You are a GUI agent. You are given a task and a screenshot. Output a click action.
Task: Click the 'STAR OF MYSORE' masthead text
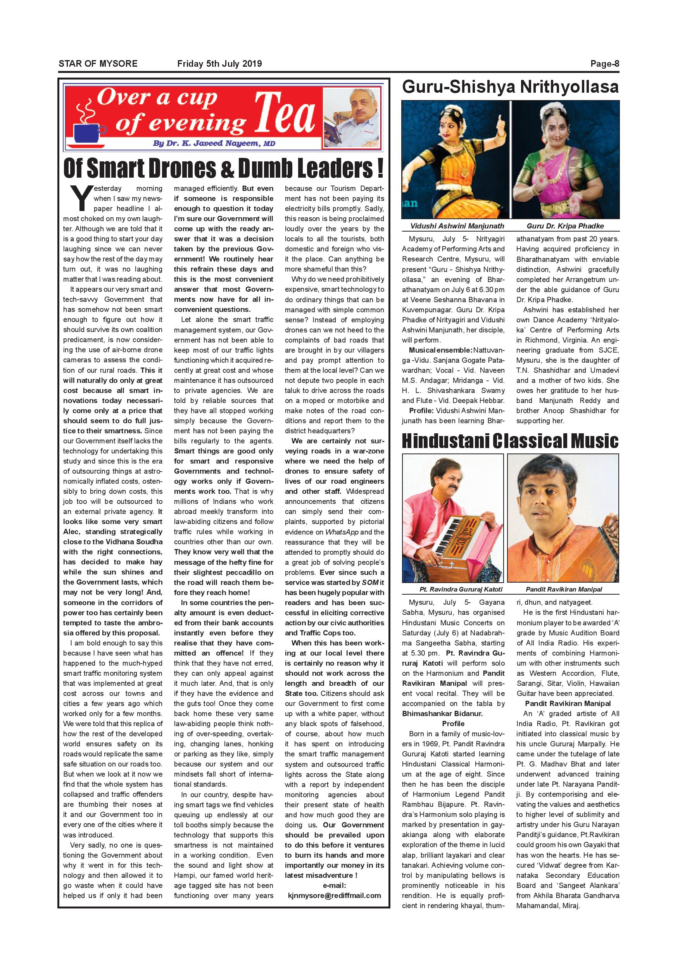pos(98,64)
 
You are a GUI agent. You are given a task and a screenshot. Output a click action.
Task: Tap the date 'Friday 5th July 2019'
pos(219,64)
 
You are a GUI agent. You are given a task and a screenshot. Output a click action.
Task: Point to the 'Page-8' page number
pos(604,64)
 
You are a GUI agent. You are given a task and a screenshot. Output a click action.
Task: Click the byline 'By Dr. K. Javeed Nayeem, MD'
pos(214,143)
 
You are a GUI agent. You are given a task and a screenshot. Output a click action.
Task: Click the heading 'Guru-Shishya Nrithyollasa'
pos(510,87)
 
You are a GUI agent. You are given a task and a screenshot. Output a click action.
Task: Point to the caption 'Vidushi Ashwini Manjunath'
pos(457,226)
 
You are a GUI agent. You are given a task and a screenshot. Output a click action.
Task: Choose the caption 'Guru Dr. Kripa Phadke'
pos(565,226)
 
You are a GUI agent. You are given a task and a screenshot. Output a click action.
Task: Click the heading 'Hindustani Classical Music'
pos(510,441)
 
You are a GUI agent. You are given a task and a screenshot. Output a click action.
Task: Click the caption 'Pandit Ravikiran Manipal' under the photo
pos(564,589)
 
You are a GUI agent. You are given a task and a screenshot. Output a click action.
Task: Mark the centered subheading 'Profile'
pos(453,723)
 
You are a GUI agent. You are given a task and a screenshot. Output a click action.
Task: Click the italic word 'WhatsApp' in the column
pos(342,532)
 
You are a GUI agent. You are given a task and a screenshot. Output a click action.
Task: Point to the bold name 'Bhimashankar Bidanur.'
pos(442,713)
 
